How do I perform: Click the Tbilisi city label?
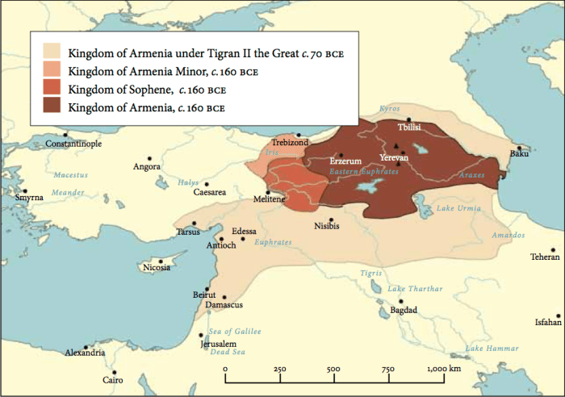(409, 128)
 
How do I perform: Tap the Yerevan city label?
(395, 157)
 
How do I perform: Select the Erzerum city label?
(346, 162)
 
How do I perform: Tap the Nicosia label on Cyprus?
(157, 268)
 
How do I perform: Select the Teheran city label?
(544, 257)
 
